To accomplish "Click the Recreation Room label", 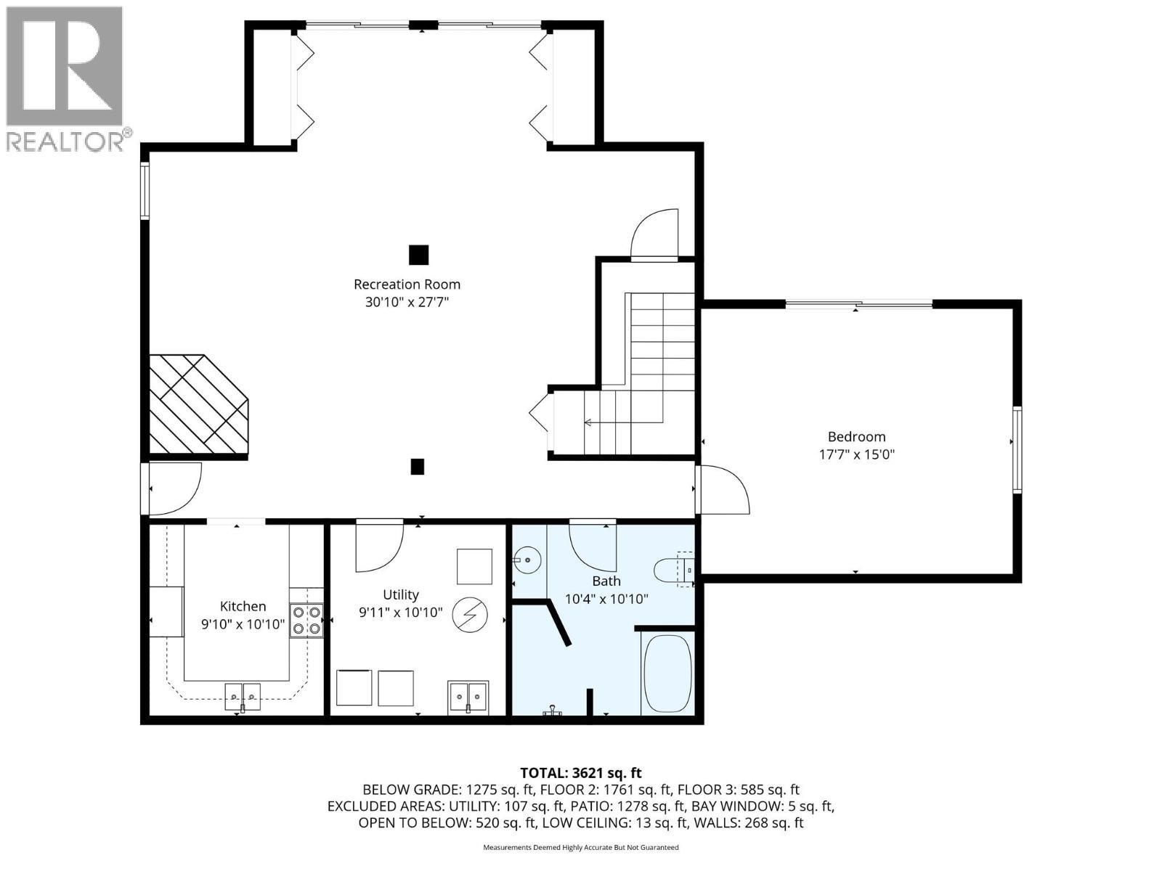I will click(407, 285).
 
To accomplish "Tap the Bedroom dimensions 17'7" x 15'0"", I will click(856, 455).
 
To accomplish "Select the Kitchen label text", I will click(243, 606).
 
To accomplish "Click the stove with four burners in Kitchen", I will click(306, 621).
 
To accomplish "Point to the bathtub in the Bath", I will click(667, 674).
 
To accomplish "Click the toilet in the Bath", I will click(672, 570).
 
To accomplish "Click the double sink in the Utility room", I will click(468, 697).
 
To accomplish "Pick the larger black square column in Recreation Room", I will click(418, 255).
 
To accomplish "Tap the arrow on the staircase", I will click(588, 422).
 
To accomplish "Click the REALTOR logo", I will click(65, 78).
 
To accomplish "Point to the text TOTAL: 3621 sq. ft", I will click(581, 773).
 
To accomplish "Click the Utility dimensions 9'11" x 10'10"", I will click(400, 613).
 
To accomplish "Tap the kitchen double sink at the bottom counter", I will click(242, 695).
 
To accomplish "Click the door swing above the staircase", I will click(654, 234).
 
